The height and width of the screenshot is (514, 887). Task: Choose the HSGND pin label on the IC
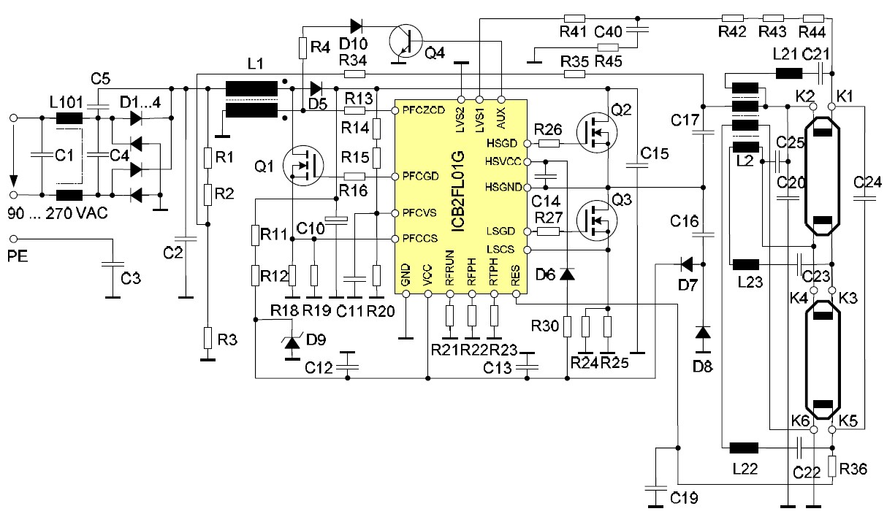pyautogui.click(x=503, y=188)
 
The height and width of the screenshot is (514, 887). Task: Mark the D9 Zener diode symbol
pyautogui.click(x=292, y=342)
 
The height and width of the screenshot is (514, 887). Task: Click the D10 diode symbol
pyautogui.click(x=357, y=25)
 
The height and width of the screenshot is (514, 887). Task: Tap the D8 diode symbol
pyautogui.click(x=702, y=333)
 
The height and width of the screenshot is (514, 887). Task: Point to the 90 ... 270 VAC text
pyautogui.click(x=57, y=214)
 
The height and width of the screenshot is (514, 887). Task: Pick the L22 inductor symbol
pyautogui.click(x=744, y=448)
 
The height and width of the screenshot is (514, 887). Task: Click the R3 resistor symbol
pyautogui.click(x=208, y=338)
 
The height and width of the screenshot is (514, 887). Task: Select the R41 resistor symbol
pyautogui.click(x=574, y=18)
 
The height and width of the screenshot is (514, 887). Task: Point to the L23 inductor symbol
pyautogui.click(x=745, y=264)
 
